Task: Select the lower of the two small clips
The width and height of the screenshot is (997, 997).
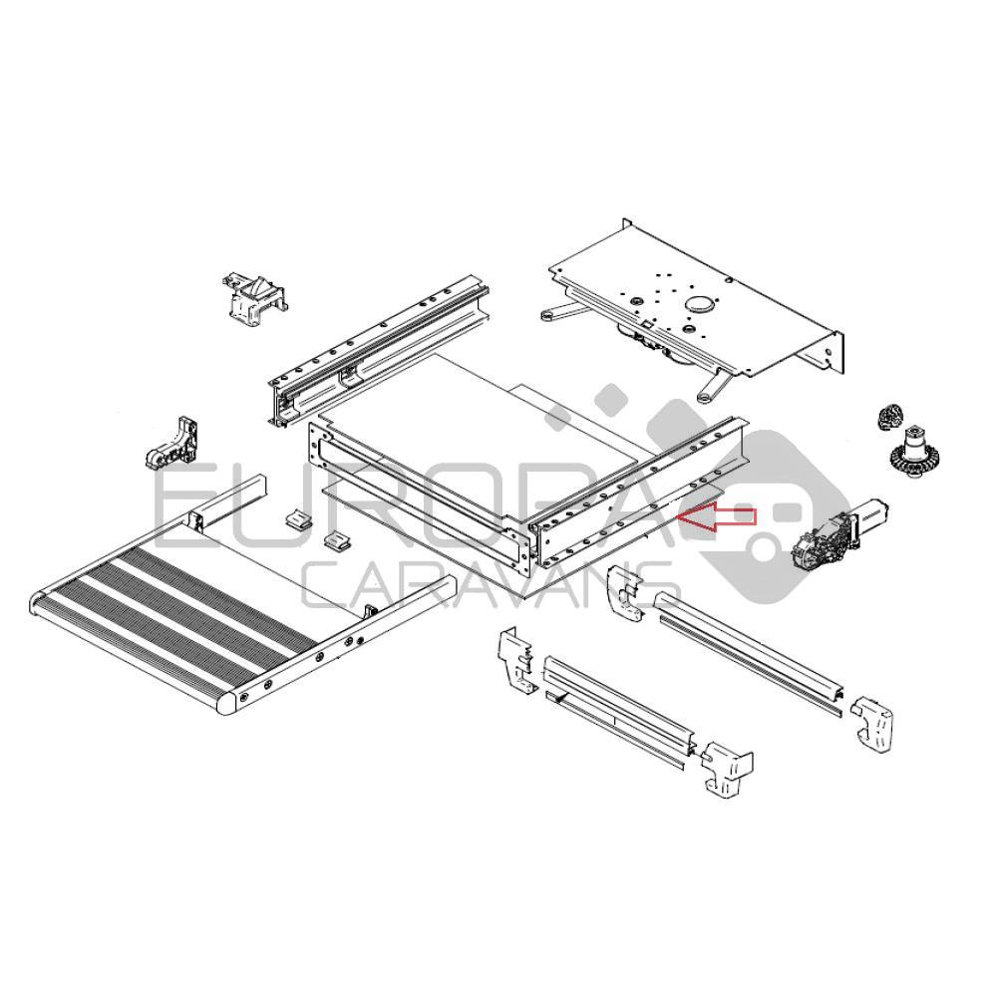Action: tap(338, 540)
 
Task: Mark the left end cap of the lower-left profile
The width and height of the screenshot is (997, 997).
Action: tap(516, 662)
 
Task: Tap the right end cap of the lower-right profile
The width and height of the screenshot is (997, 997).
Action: tap(872, 723)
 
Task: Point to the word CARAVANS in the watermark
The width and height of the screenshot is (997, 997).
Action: tap(489, 584)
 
